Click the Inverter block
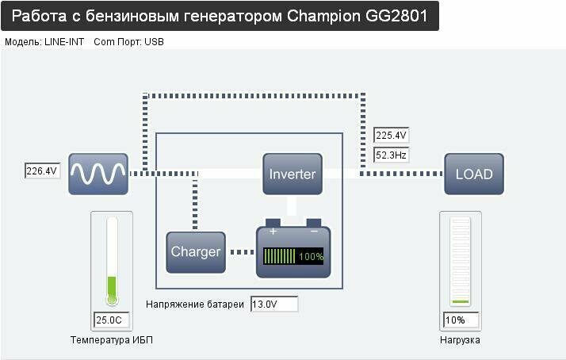tap(293, 174)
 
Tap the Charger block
tap(196, 252)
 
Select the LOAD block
tap(474, 174)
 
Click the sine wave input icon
tap(98, 174)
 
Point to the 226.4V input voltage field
tap(42, 170)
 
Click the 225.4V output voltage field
tap(392, 136)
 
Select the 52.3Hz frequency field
tap(392, 155)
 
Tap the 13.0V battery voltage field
tap(273, 304)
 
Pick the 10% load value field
tap(461, 320)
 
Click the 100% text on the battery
tap(311, 257)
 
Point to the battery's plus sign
tap(273, 232)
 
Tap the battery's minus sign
tap(314, 232)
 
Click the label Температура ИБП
tap(117, 340)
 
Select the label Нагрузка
tap(460, 340)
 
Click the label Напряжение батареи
tap(195, 304)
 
